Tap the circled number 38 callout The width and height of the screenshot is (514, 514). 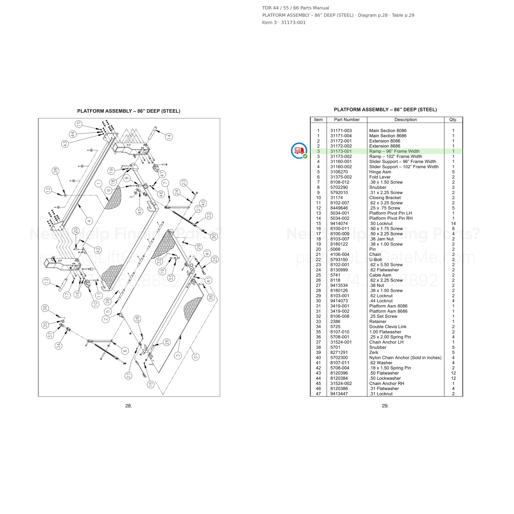56,170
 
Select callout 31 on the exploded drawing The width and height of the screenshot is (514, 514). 196,357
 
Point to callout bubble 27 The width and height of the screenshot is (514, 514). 128,376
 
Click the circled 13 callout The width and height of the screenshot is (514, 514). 46,281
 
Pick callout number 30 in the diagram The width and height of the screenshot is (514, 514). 214,236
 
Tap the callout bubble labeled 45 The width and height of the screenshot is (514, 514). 139,211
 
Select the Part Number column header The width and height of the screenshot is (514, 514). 347,120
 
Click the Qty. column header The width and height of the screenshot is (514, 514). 453,120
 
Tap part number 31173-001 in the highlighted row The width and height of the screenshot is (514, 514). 341,151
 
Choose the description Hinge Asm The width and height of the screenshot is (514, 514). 380,172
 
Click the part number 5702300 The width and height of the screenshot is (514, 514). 339,358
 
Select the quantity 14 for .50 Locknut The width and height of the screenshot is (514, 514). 453,223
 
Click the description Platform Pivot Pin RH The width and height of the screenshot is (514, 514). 391,218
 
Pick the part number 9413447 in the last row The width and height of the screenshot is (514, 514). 339,394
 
